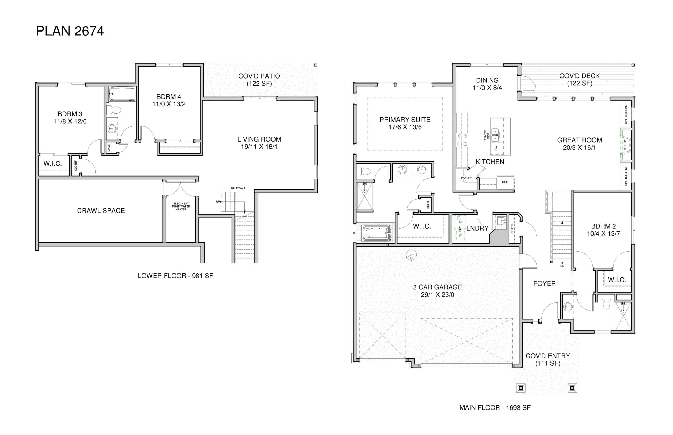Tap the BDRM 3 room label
[70, 117]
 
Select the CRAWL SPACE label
[101, 210]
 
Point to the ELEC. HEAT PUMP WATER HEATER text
[181, 206]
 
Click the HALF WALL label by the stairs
[238, 188]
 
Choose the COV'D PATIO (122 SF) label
[259, 80]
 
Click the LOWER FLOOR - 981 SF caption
[175, 276]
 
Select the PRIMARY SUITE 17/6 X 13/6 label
[405, 123]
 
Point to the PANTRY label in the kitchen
[466, 178]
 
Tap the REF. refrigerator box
[505, 182]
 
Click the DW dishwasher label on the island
[496, 148]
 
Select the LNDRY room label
[477, 228]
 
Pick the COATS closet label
[512, 229]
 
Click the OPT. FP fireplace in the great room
[625, 145]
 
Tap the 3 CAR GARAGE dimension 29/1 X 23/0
[437, 295]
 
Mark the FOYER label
[544, 284]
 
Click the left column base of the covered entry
[521, 388]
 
